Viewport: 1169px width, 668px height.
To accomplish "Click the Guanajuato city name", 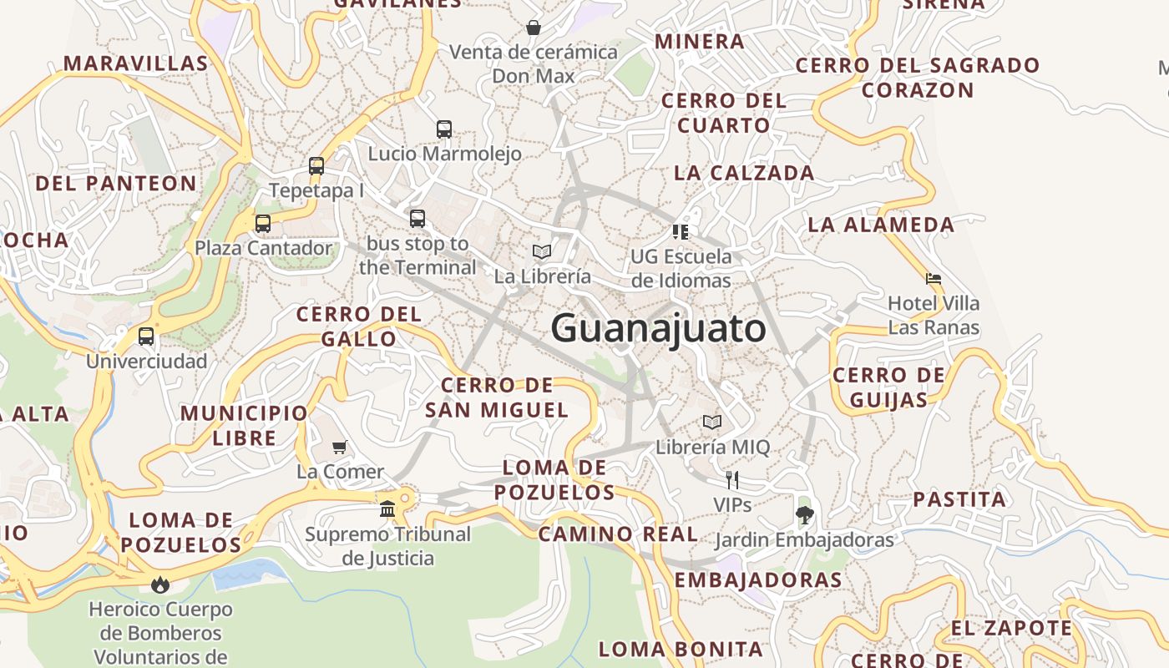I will [658, 328].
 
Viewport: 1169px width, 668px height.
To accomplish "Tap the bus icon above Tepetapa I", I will [316, 165].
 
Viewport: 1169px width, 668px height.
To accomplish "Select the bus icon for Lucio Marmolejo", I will [444, 129].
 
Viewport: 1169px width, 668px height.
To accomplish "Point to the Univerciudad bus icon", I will [146, 337].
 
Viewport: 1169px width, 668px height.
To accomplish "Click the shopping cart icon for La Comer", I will [339, 448].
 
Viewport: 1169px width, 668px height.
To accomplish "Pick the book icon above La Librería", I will [542, 251].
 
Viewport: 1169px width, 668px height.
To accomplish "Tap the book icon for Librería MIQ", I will [712, 423].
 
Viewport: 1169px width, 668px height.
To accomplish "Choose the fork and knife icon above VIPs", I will [732, 480].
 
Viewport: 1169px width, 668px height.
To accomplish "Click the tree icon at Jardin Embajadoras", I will [804, 515].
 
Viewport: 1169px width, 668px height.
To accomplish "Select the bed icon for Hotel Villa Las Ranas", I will [934, 279].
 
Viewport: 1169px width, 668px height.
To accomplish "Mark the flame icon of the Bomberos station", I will [160, 584].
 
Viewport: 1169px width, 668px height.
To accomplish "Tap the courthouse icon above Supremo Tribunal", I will [387, 509].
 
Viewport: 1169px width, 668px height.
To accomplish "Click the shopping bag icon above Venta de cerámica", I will [534, 28].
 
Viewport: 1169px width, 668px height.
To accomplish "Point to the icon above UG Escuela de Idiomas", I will [681, 231].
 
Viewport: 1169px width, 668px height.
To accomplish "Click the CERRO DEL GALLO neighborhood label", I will [359, 326].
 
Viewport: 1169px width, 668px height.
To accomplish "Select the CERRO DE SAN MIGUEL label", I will [497, 397].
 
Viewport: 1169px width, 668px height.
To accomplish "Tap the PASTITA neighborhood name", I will [959, 500].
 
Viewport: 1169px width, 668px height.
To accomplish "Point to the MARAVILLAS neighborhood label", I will [135, 63].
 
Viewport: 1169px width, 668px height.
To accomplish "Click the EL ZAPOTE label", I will [1011, 628].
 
